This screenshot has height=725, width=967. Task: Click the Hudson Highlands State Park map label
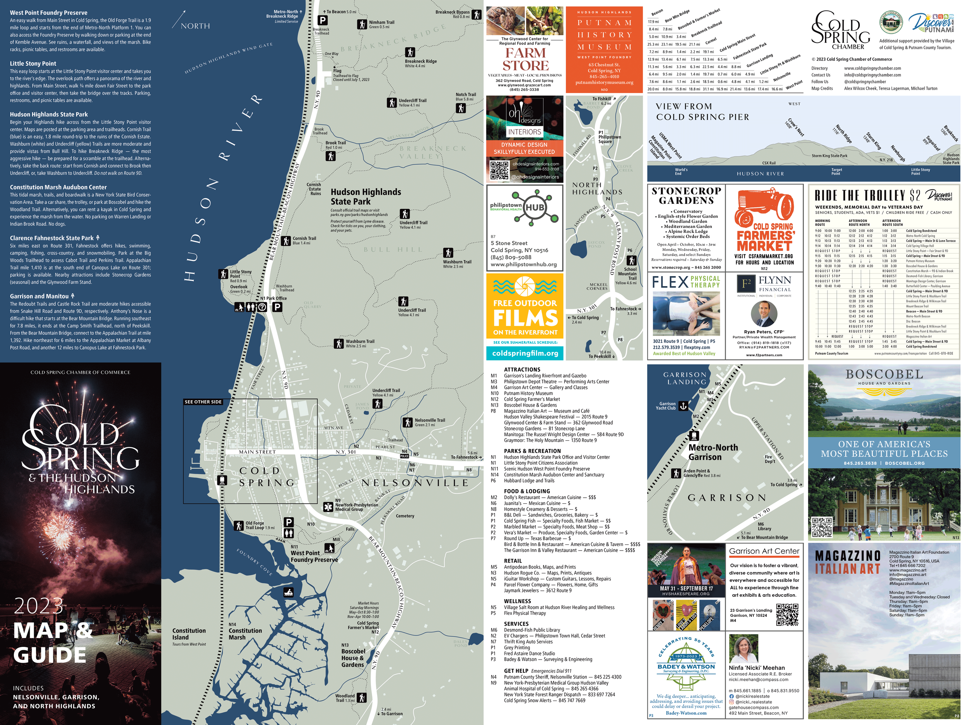tap(366, 197)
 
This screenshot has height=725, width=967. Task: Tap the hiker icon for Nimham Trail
tap(362, 24)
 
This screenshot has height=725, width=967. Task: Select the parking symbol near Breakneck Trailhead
tap(322, 20)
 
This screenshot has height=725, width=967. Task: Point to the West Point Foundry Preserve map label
tap(314, 556)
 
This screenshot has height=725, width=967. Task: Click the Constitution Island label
tap(189, 634)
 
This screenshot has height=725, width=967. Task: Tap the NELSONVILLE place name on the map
tap(414, 483)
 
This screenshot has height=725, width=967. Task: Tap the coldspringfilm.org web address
tap(525, 353)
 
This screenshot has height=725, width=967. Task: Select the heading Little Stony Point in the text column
tap(33, 63)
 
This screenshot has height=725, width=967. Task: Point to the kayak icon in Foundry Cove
tap(289, 593)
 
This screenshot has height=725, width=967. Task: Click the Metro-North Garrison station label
tap(712, 452)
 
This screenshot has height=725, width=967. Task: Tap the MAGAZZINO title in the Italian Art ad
tap(847, 555)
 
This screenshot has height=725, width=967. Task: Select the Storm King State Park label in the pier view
tap(829, 155)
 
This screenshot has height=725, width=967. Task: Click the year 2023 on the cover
tap(38, 606)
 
